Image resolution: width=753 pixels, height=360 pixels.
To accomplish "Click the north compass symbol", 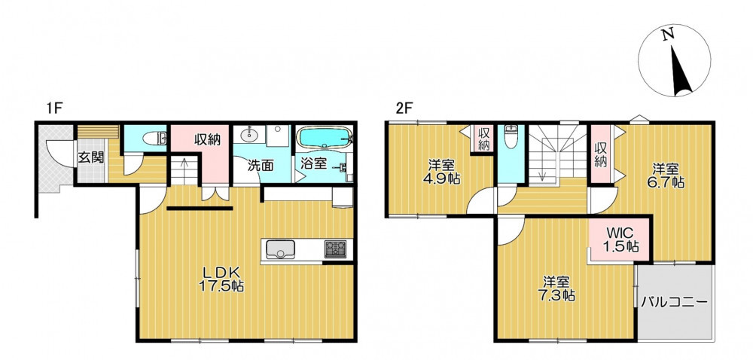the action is tap(674, 60).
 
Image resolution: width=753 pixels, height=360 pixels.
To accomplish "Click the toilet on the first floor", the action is tap(154, 139).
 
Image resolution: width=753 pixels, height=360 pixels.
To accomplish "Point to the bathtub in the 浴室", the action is tap(325, 139).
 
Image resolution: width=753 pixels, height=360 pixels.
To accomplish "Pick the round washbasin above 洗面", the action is tap(250, 134).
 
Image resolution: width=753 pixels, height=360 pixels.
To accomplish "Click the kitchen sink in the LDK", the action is tap(281, 249).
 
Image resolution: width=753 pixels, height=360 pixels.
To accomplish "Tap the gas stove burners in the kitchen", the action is tap(335, 249).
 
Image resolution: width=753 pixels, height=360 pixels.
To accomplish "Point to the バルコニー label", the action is tap(674, 303).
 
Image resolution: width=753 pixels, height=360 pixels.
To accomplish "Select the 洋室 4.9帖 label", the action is tap(442, 172).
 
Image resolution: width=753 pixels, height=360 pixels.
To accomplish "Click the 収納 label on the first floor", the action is tap(207, 140).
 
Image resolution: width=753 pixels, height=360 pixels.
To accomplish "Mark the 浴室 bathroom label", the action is tap(314, 163).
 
